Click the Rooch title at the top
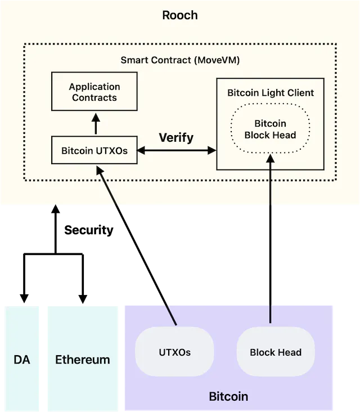pyautogui.click(x=180, y=15)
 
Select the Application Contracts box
pyautogui.click(x=94, y=92)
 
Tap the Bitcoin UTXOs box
pyautogui.click(x=94, y=150)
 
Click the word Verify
pyautogui.click(x=176, y=137)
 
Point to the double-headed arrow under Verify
pyautogui.click(x=177, y=150)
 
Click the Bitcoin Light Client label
pyautogui.click(x=271, y=92)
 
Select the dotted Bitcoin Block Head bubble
pyautogui.click(x=271, y=129)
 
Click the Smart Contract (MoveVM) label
pyautogui.click(x=180, y=60)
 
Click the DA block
pyautogui.click(x=22, y=359)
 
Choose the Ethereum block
pyautogui.click(x=83, y=359)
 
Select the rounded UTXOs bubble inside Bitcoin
pyautogui.click(x=174, y=352)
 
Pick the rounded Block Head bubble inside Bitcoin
pyautogui.click(x=276, y=352)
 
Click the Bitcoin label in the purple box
pyautogui.click(x=228, y=396)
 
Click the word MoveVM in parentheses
pyautogui.click(x=217, y=60)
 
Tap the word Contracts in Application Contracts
pyautogui.click(x=94, y=97)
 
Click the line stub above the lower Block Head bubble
pyautogui.click(x=271, y=312)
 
